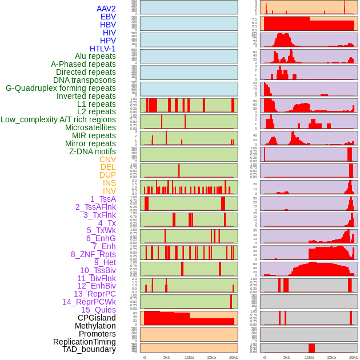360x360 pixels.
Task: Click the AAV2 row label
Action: [106, 9]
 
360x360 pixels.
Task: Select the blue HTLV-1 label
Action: [102, 49]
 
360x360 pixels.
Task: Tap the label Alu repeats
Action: [95, 56]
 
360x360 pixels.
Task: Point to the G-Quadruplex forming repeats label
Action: [61, 88]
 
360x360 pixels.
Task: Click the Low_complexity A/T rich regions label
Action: [58, 119]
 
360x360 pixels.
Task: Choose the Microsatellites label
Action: [90, 127]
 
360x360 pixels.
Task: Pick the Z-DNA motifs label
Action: [92, 151]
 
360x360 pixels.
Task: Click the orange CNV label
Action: [107, 159]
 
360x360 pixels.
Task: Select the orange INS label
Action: [109, 183]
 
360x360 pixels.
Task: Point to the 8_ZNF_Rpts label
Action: [93, 254]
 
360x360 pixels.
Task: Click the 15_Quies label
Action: [98, 310]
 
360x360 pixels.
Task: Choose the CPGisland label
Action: [97, 318]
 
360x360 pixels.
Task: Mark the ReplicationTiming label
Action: [84, 342]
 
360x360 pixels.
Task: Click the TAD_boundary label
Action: [89, 349]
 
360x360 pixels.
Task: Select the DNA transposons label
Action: [85, 80]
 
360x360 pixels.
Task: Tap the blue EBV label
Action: [108, 17]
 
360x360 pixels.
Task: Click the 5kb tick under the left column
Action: [167, 357]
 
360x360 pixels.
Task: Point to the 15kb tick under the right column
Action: [331, 357]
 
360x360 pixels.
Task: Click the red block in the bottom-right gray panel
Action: [311, 348]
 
